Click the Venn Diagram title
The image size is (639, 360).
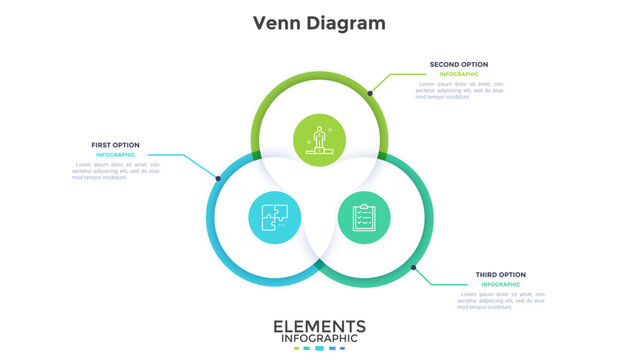pos(319,23)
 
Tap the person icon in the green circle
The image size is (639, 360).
pos(320,138)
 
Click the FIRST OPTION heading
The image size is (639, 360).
pos(116,145)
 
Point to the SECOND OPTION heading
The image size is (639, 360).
pos(459,64)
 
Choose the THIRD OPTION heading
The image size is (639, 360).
pos(501,274)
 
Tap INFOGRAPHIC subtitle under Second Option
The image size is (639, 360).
pos(458,74)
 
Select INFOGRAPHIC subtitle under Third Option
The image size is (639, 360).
pos(500,284)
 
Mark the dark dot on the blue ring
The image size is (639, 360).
pos(218,179)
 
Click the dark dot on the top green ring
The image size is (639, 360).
pos(370,93)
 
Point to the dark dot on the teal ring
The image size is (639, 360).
pos(414,267)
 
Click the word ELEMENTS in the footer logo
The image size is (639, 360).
pos(319,328)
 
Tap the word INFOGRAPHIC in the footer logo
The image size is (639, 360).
pos(319,340)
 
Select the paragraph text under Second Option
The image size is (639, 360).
pos(453,91)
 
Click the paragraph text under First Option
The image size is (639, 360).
pos(116,172)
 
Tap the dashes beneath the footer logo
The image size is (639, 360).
pos(319,349)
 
